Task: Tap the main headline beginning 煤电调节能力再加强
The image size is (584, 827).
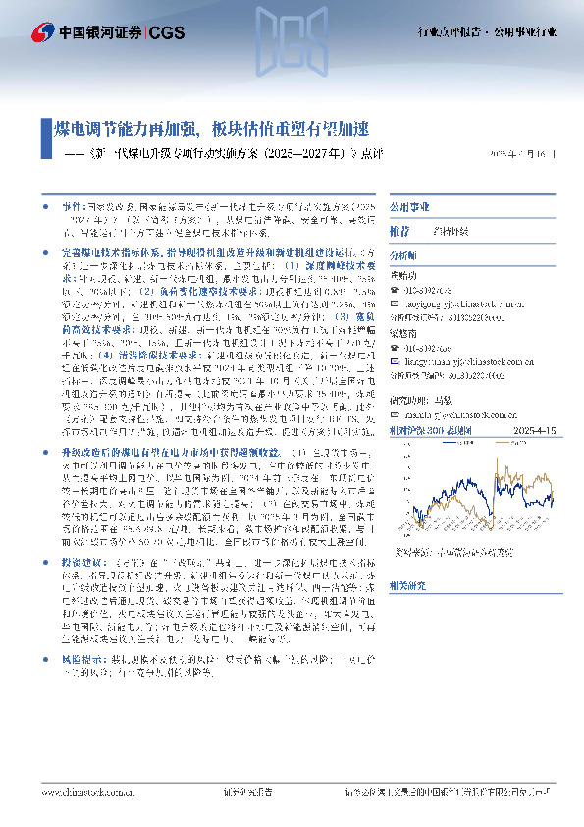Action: pyautogui.click(x=210, y=129)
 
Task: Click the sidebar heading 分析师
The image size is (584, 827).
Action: pyautogui.click(x=404, y=253)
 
